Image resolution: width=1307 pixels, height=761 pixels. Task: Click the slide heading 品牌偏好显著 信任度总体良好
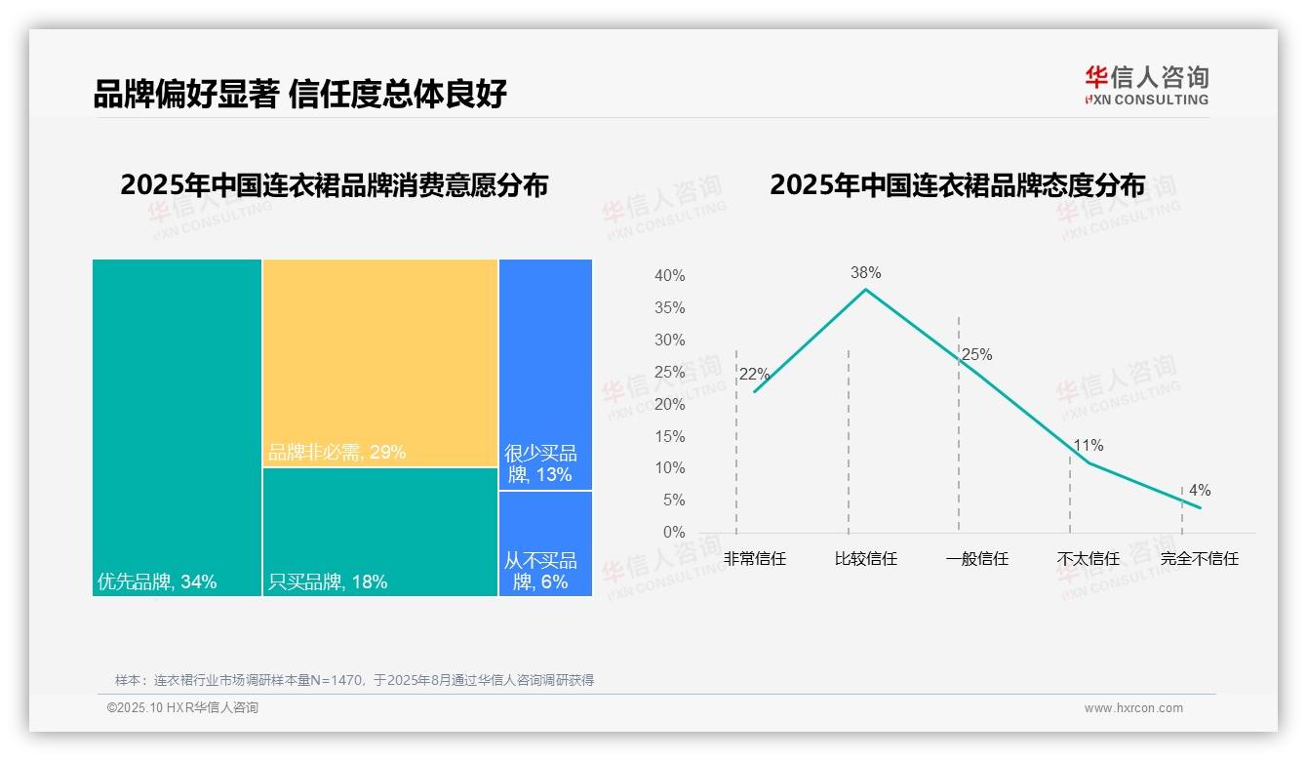pos(299,95)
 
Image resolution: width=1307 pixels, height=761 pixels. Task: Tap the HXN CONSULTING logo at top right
pos(1146,86)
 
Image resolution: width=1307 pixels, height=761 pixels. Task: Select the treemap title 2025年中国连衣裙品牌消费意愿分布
pos(334,185)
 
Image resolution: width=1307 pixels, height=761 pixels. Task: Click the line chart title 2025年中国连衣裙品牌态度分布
pos(957,185)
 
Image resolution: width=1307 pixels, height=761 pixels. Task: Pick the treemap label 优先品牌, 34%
pos(157,581)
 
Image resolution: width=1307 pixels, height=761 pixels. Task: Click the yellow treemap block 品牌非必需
pos(380,363)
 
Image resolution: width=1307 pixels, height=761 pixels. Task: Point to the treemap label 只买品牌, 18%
pos(328,581)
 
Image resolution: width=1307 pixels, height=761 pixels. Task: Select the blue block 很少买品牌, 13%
pos(545,374)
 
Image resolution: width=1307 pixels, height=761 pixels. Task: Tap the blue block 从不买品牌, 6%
pos(545,542)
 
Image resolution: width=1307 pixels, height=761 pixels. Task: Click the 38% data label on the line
pos(865,272)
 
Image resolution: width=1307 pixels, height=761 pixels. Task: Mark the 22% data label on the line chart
pos(754,375)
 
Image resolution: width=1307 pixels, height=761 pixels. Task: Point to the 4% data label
pos(1199,491)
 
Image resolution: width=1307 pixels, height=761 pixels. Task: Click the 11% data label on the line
pos(1088,446)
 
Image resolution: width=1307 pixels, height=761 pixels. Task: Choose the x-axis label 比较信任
pos(865,559)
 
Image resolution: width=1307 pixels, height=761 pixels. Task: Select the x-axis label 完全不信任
pos(1199,559)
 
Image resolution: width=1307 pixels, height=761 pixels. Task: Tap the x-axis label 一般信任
pos(976,559)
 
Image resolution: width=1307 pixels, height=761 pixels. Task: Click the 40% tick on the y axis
pos(669,276)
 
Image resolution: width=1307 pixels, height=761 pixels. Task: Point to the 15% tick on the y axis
pos(669,436)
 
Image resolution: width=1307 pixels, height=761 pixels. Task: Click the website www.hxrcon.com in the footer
pos(1133,708)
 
